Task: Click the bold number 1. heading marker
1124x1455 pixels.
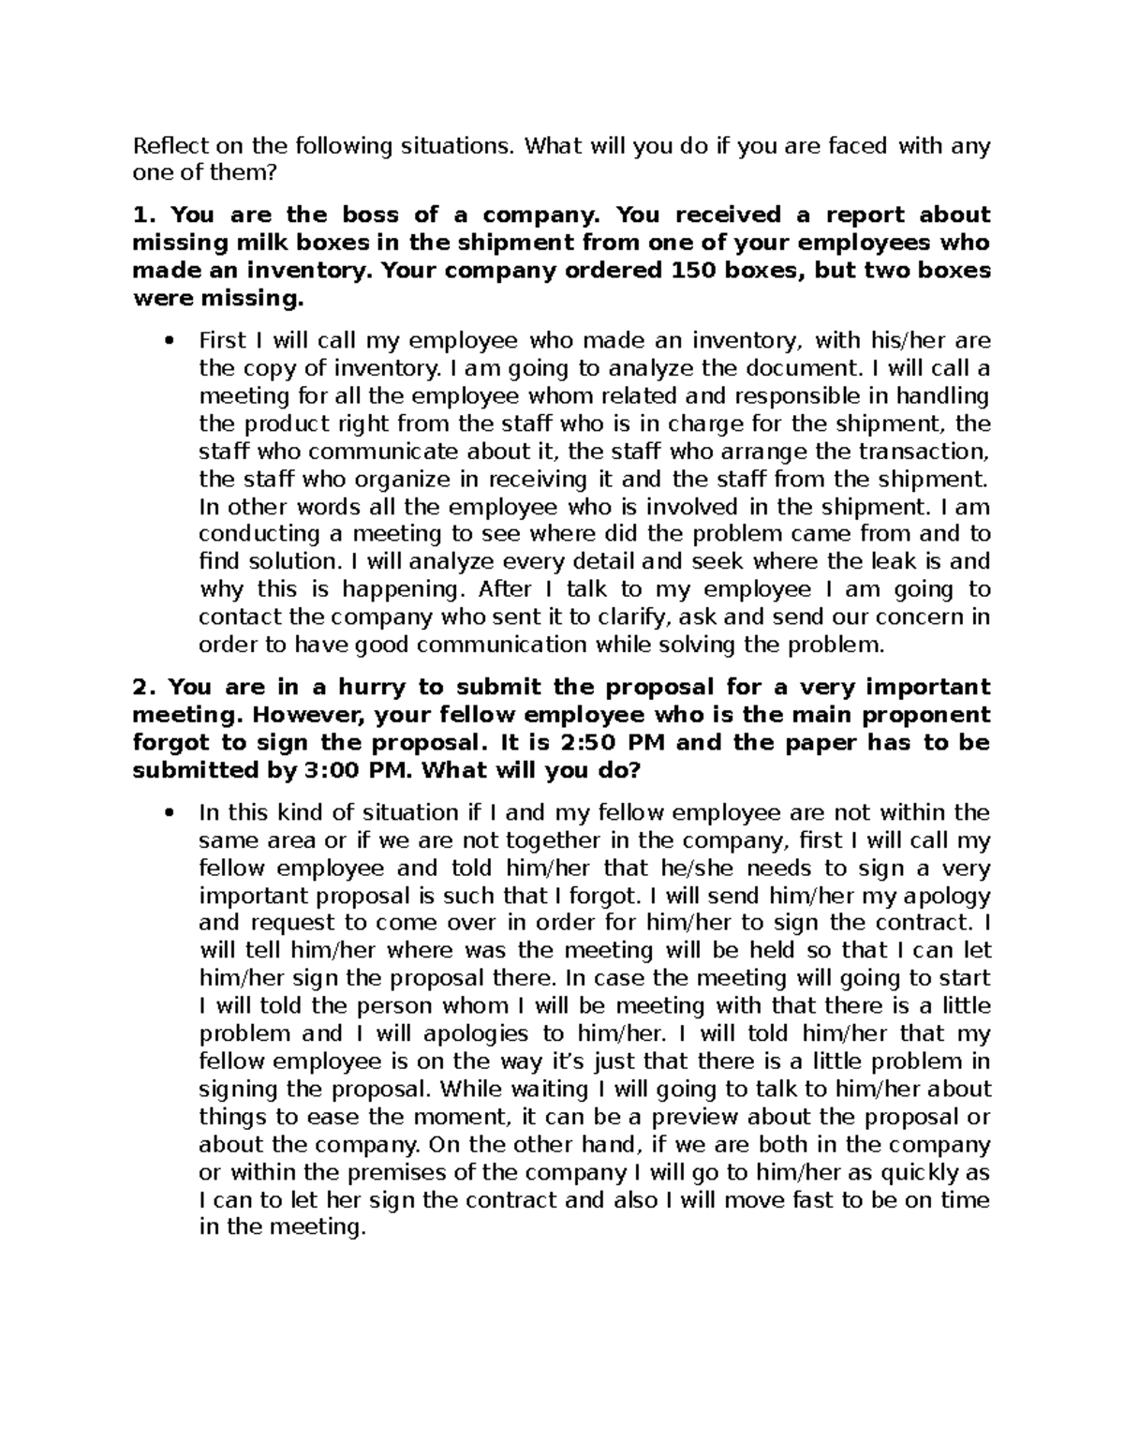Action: click(x=142, y=215)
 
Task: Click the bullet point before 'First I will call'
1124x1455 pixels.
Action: click(x=169, y=341)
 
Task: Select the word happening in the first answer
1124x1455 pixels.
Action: click(x=402, y=590)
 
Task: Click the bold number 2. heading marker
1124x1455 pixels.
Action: click(x=142, y=688)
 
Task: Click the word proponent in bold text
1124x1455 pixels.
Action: click(x=926, y=715)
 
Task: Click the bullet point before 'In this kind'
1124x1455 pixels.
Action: click(x=169, y=813)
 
